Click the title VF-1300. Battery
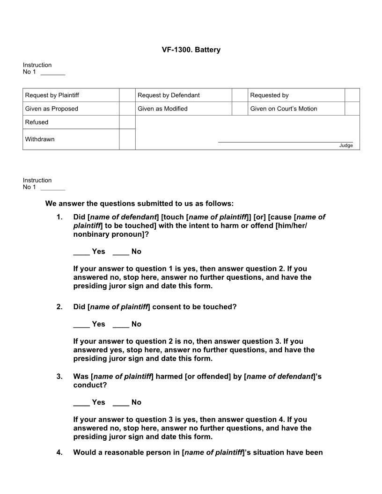(x=191, y=50)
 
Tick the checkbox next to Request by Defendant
(x=239, y=95)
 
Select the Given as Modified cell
(x=162, y=109)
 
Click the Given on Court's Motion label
(x=283, y=109)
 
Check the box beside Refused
(x=127, y=122)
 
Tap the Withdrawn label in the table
(x=40, y=139)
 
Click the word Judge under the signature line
(x=346, y=145)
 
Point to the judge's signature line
(x=285, y=141)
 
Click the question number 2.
(x=59, y=307)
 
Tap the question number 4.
(x=59, y=452)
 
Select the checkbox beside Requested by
(x=352, y=95)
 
